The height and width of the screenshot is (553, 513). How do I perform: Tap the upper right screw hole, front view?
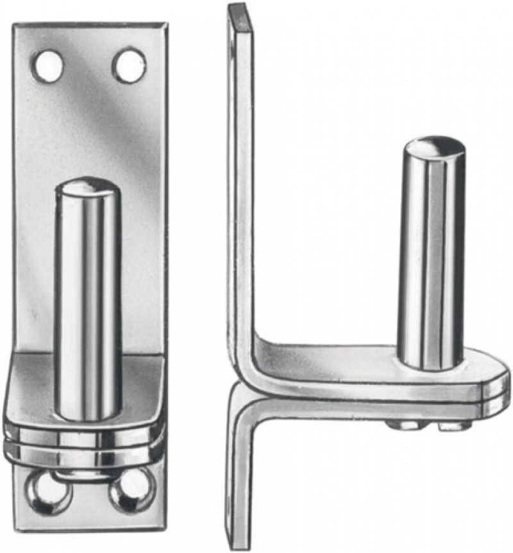coord(129,65)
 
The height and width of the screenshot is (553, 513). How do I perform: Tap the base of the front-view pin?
coord(86,411)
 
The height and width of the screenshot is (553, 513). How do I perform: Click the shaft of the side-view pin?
coord(431,257)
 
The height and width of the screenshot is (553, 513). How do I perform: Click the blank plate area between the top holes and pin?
coord(90,128)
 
